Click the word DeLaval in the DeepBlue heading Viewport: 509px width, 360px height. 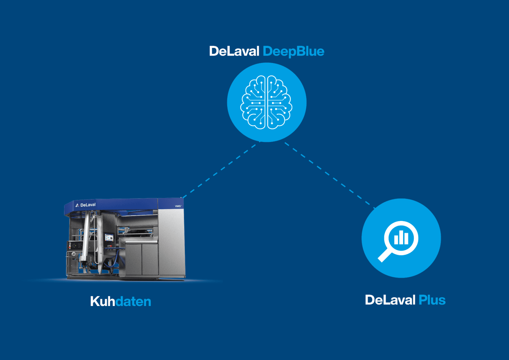pos(234,51)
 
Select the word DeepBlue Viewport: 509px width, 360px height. pos(293,51)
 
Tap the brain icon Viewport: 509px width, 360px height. pos(266,102)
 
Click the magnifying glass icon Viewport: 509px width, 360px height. pos(401,238)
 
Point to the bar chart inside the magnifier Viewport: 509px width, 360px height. pos(401,238)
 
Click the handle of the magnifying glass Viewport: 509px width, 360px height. pos(385,256)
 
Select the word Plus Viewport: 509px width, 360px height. pos(432,300)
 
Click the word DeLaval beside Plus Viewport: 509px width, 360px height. pos(390,300)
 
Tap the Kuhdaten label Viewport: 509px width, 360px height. pos(121,301)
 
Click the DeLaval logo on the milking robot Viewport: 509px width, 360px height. pos(86,205)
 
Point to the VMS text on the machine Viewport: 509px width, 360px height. pos(178,206)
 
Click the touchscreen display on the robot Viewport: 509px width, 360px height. pos(109,238)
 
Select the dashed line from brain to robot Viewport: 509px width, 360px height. pos(220,170)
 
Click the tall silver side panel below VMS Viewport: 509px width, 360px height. pos(171,243)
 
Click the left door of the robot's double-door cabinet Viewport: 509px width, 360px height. pos(134,260)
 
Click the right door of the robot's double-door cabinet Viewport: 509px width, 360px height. pos(150,260)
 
